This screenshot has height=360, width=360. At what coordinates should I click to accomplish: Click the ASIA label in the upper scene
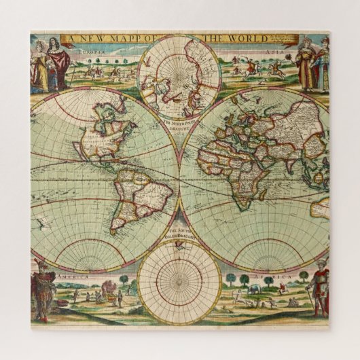tap(274, 51)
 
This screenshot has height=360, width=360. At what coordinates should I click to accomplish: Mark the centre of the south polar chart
tap(179, 281)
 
